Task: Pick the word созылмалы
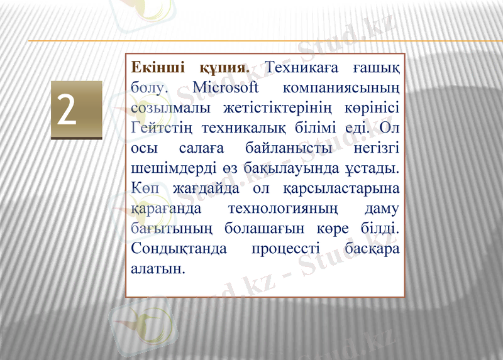pos(167,107)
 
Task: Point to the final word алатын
pos(157,269)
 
